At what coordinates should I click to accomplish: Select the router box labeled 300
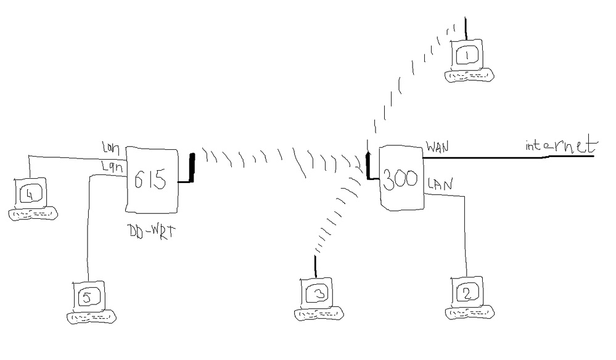point(401,179)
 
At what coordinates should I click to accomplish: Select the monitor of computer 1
point(467,55)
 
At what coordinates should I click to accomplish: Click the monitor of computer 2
point(467,292)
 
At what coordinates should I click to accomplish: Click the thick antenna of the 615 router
point(192,168)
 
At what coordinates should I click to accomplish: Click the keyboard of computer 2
point(470,313)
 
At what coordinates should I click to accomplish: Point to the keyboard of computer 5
point(92,317)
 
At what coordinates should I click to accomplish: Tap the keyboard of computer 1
point(470,76)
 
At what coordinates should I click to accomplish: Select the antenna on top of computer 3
point(316,266)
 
